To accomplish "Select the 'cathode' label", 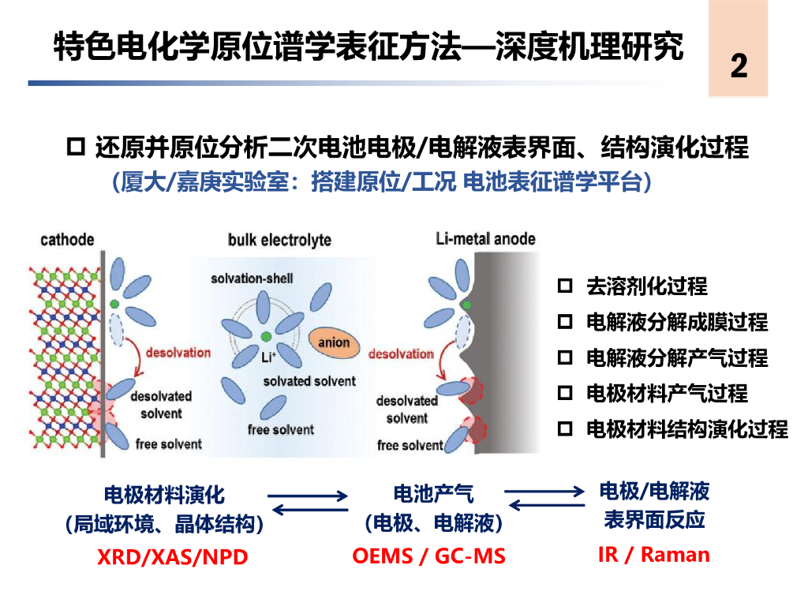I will (x=67, y=240).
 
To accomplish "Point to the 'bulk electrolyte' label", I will (x=279, y=240).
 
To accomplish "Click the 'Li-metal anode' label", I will (x=485, y=238).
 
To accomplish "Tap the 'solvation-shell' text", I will (x=252, y=279).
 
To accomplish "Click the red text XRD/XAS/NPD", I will (x=172, y=557).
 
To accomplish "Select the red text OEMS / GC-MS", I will (x=428, y=555).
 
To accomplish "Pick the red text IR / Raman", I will (x=654, y=554).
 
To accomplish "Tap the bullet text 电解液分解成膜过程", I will (x=676, y=322).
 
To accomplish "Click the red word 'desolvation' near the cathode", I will (x=178, y=352).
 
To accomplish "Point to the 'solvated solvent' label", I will (x=309, y=381).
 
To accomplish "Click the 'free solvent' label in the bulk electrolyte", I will (x=280, y=430).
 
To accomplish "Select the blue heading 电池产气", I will (x=434, y=495).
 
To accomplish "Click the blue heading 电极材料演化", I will (x=164, y=495).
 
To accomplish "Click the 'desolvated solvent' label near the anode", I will (x=406, y=410).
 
